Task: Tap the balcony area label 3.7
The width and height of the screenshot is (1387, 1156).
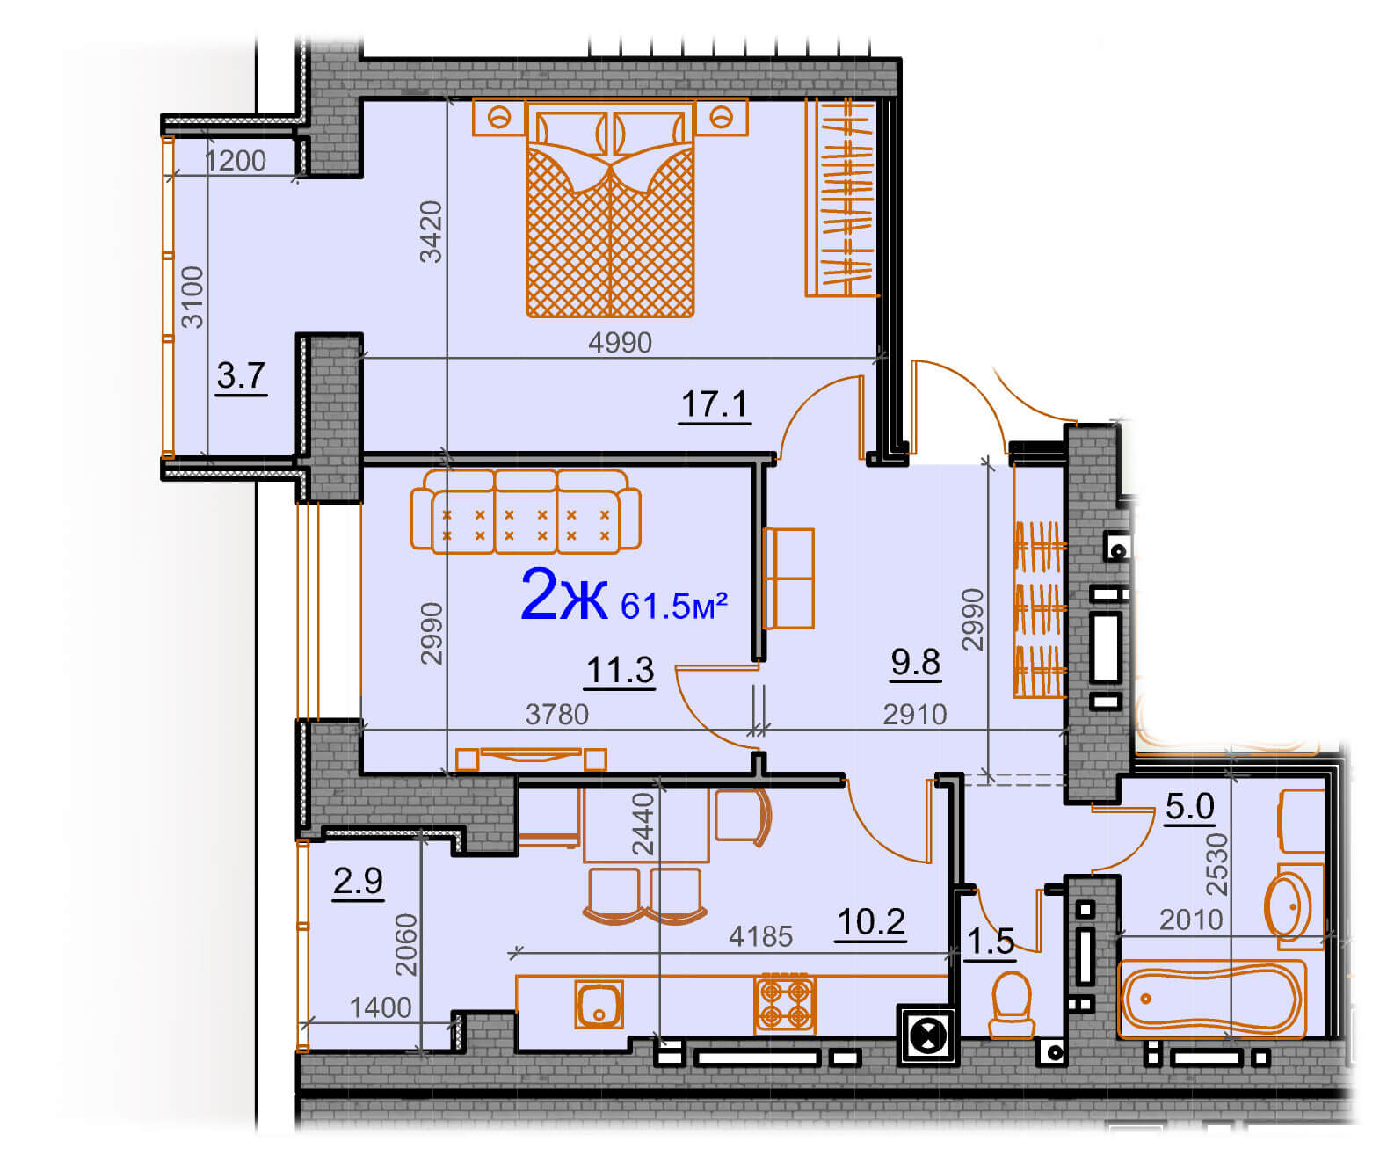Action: [241, 375]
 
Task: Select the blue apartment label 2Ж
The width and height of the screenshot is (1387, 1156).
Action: [563, 594]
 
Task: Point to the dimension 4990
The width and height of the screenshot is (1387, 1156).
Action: [620, 343]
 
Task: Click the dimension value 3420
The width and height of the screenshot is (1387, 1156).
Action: [431, 232]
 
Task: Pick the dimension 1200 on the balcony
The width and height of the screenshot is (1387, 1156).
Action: [236, 161]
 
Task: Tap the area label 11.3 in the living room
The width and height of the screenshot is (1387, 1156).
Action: [621, 670]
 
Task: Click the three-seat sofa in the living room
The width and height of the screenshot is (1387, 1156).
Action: [526, 511]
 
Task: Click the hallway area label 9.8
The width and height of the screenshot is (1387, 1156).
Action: [915, 662]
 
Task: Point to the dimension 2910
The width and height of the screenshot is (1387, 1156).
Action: [915, 714]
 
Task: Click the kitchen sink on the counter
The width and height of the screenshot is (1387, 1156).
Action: [599, 1004]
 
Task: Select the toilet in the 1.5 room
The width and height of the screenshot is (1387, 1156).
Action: [1011, 1005]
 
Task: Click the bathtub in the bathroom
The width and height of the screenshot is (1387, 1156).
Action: [1211, 1000]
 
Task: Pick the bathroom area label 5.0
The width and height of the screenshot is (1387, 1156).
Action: [1189, 806]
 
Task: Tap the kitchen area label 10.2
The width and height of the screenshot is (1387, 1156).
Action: [870, 922]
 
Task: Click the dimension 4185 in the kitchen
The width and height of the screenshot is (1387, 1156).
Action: [760, 937]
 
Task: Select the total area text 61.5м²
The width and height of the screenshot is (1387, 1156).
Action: [673, 605]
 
